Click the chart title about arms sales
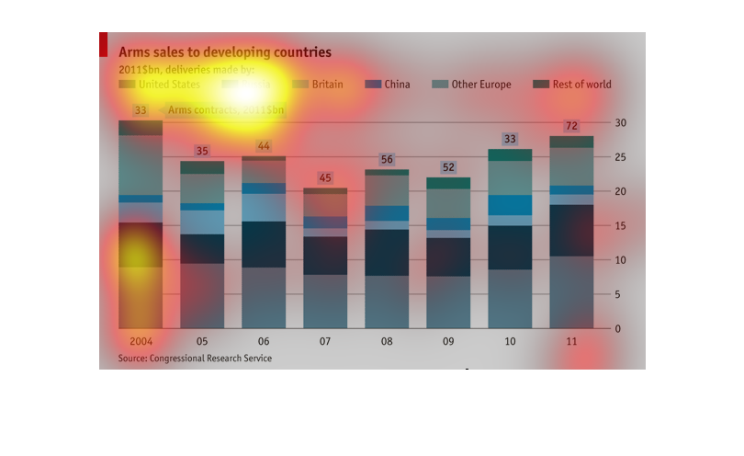[x=225, y=52]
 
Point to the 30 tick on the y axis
[x=621, y=122]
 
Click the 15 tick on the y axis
[x=621, y=225]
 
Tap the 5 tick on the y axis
[x=621, y=294]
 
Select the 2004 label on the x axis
[x=141, y=341]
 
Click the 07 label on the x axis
[x=325, y=341]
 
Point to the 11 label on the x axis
[x=570, y=341]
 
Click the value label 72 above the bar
[x=570, y=126]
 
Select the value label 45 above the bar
[x=325, y=177]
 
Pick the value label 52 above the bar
[x=448, y=167]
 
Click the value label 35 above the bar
[x=202, y=151]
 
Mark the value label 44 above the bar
[x=264, y=146]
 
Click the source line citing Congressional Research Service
[x=195, y=359]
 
